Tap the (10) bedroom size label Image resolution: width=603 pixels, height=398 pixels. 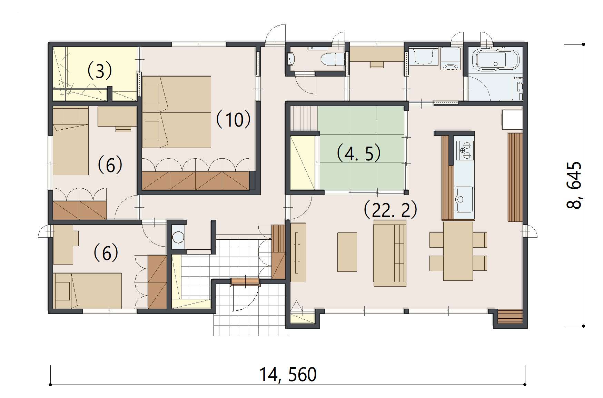(x=233, y=119)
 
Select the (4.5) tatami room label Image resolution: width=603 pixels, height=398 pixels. (x=358, y=153)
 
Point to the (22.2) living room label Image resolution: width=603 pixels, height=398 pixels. (x=391, y=210)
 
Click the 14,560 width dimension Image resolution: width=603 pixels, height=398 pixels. (x=288, y=375)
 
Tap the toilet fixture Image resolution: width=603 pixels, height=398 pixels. (x=333, y=59)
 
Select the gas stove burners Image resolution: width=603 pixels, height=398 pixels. (x=465, y=151)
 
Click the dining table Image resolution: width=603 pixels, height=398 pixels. (x=458, y=251)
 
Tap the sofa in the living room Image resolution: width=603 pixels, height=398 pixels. (x=390, y=253)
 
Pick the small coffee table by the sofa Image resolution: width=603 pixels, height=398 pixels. (x=347, y=252)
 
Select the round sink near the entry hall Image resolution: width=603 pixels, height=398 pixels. (x=178, y=237)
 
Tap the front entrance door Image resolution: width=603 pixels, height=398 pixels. (x=245, y=281)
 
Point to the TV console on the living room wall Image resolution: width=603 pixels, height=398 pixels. (x=298, y=252)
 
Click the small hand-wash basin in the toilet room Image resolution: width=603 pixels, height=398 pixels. (x=290, y=59)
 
